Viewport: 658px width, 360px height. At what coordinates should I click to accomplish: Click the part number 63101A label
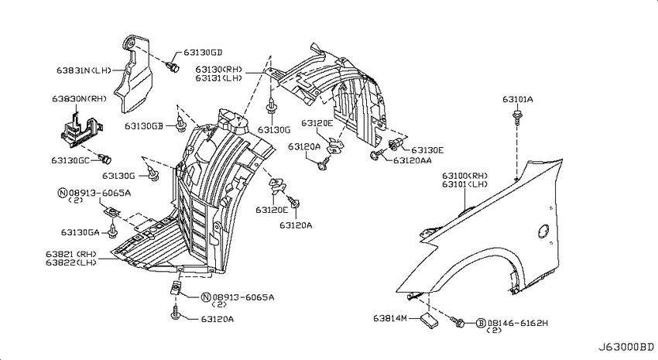point(517,99)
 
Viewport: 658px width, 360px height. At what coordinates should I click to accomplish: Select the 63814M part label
point(390,318)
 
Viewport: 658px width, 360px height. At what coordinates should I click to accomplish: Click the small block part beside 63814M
point(428,321)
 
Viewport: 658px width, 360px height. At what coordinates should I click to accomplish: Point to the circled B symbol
point(481,323)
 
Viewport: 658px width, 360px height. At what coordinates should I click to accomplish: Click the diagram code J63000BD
point(626,347)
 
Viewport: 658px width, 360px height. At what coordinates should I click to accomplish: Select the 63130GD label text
point(203,53)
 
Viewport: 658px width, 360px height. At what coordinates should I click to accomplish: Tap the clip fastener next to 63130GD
point(173,67)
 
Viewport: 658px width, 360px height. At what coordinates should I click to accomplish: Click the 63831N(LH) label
point(84,70)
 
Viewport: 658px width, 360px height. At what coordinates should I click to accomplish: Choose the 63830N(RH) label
point(79,99)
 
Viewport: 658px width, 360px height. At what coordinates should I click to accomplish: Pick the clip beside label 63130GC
point(105,159)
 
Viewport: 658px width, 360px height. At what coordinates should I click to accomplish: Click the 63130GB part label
point(143,126)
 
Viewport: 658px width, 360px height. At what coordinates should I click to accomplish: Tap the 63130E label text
point(427,150)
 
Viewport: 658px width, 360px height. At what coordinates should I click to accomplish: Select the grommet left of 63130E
point(396,144)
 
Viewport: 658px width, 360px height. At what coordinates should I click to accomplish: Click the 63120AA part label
point(413,160)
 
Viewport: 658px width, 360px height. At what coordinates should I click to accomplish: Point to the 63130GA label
point(81,232)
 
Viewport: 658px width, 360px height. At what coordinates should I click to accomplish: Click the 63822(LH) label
point(71,262)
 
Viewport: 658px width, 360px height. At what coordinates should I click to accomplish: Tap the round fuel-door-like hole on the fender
point(543,231)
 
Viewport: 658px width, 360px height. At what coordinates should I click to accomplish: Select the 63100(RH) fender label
point(465,176)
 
